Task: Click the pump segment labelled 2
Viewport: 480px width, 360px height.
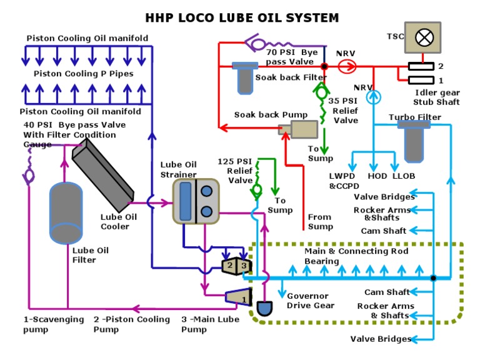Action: click(230, 266)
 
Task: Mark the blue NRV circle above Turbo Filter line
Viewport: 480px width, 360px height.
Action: click(373, 96)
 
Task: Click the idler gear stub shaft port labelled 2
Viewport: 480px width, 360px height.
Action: click(421, 66)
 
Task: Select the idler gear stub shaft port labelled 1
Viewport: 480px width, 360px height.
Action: click(421, 80)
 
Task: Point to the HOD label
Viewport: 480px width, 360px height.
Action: click(377, 176)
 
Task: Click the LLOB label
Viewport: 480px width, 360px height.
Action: click(404, 176)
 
